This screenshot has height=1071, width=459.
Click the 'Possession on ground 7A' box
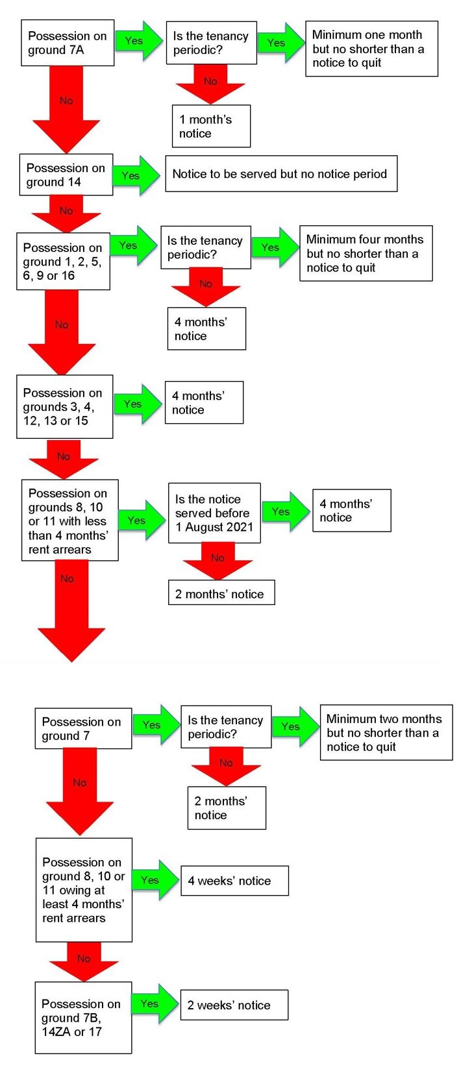click(x=68, y=43)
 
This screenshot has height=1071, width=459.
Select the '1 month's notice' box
click(x=212, y=126)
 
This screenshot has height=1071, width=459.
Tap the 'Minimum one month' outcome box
click(x=371, y=49)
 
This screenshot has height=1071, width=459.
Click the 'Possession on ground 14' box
click(x=66, y=175)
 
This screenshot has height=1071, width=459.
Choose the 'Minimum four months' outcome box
click(x=366, y=253)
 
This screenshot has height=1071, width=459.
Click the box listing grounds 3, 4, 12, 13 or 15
click(x=64, y=406)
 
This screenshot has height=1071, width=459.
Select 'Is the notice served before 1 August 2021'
click(x=214, y=513)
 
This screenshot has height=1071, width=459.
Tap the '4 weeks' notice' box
click(x=234, y=880)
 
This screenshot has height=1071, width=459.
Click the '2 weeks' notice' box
click(x=234, y=1005)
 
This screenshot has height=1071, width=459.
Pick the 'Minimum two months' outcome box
click(x=386, y=732)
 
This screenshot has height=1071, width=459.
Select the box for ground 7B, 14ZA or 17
click(x=83, y=1018)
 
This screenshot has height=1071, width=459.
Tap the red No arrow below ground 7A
click(x=66, y=109)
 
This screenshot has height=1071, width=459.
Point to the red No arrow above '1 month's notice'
click(x=210, y=84)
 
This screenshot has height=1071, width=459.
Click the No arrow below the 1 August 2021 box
click(x=217, y=561)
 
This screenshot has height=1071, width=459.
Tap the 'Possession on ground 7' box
click(x=83, y=728)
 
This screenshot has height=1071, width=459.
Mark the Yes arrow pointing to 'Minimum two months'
click(x=295, y=727)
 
